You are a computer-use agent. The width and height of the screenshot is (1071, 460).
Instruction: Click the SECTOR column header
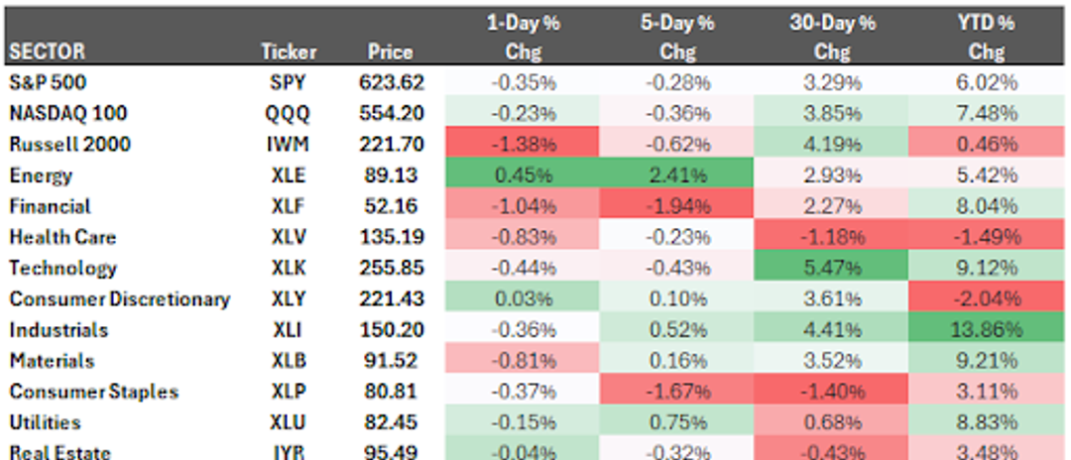click(47, 52)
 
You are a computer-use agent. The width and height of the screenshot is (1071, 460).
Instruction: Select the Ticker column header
click(288, 52)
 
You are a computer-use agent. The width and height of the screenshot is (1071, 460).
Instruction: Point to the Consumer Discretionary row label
click(119, 298)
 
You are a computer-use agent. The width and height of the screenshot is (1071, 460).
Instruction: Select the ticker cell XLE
click(288, 175)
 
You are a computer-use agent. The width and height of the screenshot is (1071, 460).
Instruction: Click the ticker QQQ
click(288, 114)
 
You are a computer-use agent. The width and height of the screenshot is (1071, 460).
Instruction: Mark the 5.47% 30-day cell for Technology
click(831, 268)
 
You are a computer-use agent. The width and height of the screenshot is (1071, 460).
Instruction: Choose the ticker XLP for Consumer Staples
click(288, 392)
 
